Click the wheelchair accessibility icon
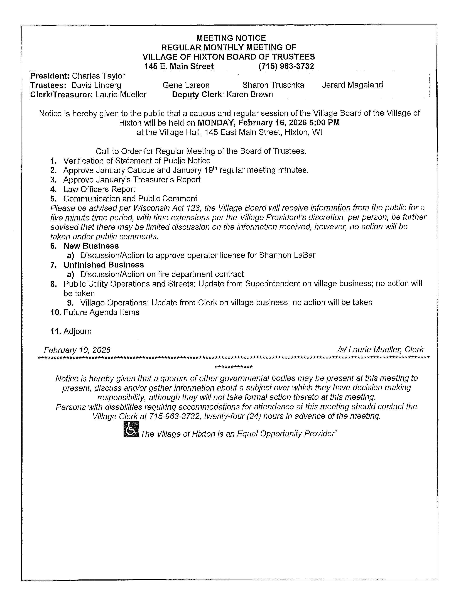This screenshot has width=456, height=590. tap(131, 429)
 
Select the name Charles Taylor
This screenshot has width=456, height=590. tap(98, 76)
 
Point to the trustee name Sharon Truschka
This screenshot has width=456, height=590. tap(273, 85)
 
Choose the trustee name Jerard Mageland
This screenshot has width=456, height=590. tap(352, 85)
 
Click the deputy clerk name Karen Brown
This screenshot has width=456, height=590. tap(250, 95)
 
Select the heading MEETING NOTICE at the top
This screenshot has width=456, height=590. tap(231, 38)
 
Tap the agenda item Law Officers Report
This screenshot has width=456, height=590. tap(99, 189)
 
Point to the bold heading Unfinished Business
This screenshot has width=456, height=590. tap(104, 265)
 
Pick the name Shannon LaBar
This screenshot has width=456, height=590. tap(287, 255)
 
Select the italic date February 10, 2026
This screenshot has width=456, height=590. tap(77, 350)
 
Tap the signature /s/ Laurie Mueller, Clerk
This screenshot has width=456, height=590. tap(380, 350)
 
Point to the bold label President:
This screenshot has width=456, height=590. tap(50, 76)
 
